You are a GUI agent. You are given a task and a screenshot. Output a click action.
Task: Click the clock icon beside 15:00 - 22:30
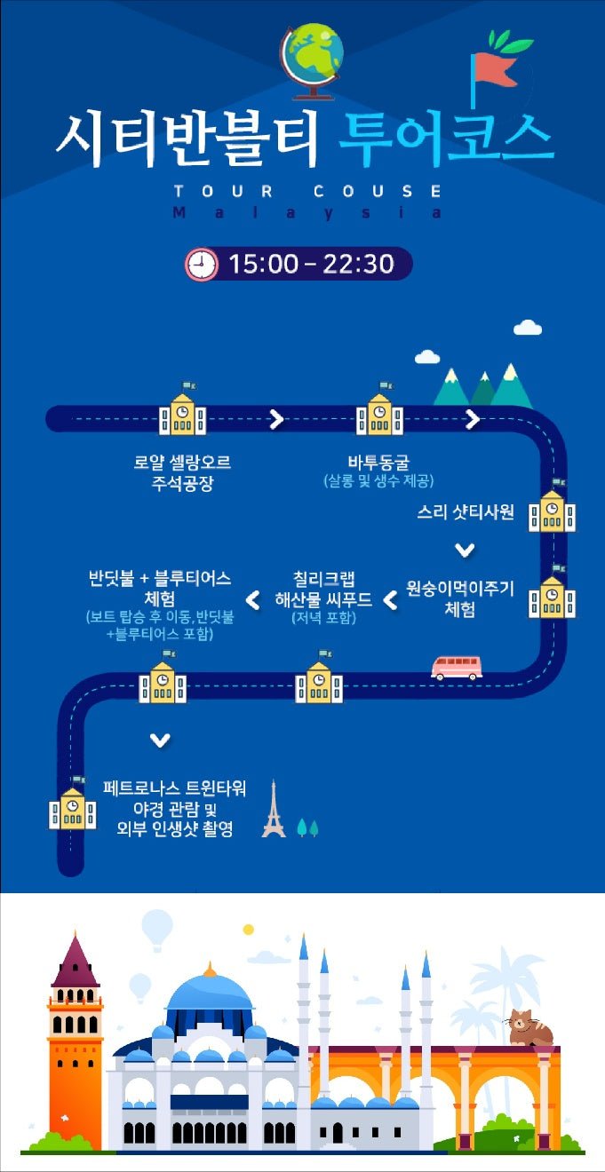click(201, 264)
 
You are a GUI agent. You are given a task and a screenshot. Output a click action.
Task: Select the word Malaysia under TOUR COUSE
click(306, 213)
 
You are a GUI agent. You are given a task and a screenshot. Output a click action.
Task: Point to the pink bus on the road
click(456, 667)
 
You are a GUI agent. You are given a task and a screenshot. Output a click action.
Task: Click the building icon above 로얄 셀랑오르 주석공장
click(182, 415)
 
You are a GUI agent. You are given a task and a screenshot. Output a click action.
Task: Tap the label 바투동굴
click(378, 463)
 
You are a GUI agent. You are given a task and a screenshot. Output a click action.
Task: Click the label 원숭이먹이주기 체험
click(459, 598)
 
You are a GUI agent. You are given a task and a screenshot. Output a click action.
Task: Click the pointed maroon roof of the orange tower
click(75, 961)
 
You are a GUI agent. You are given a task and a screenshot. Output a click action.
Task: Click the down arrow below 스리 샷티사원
click(464, 550)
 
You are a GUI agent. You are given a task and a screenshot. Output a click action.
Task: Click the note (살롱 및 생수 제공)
click(378, 481)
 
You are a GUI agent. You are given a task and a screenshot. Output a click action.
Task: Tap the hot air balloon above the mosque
click(157, 927)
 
